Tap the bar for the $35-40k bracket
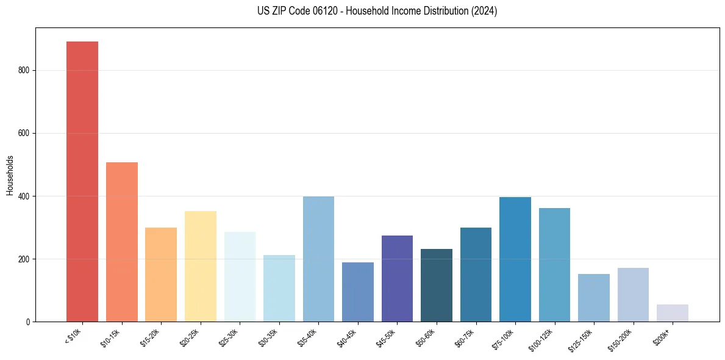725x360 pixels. [x=318, y=259]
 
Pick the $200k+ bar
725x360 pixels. [x=672, y=313]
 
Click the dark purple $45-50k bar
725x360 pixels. [x=397, y=278]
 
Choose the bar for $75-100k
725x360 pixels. [x=515, y=259]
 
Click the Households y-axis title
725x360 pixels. [x=10, y=175]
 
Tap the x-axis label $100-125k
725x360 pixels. [x=541, y=337]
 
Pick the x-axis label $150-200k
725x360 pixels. [x=620, y=337]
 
